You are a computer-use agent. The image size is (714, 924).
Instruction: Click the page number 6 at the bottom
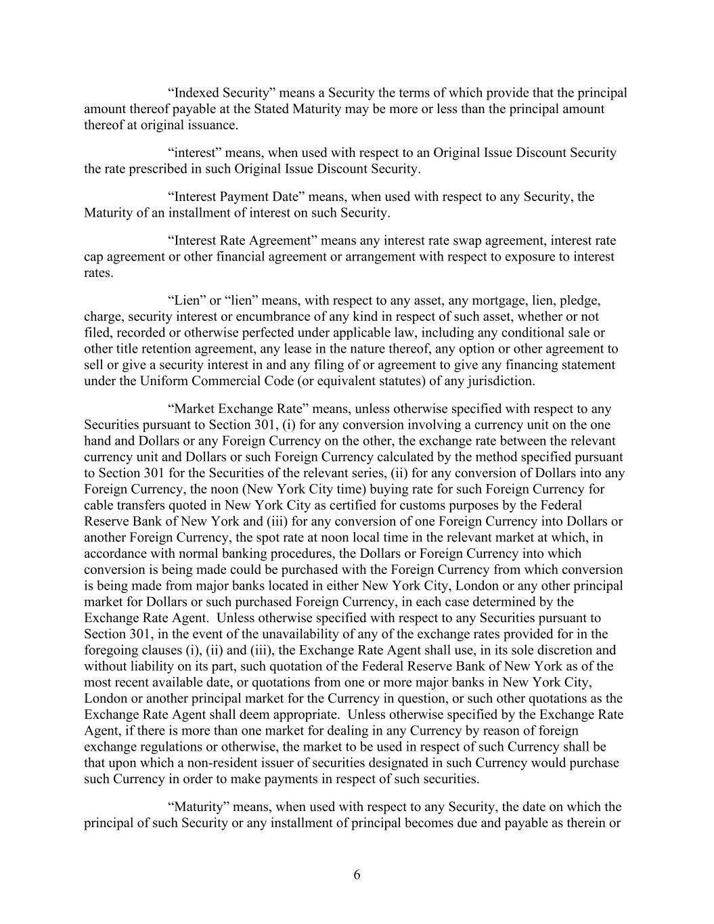tap(357, 875)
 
